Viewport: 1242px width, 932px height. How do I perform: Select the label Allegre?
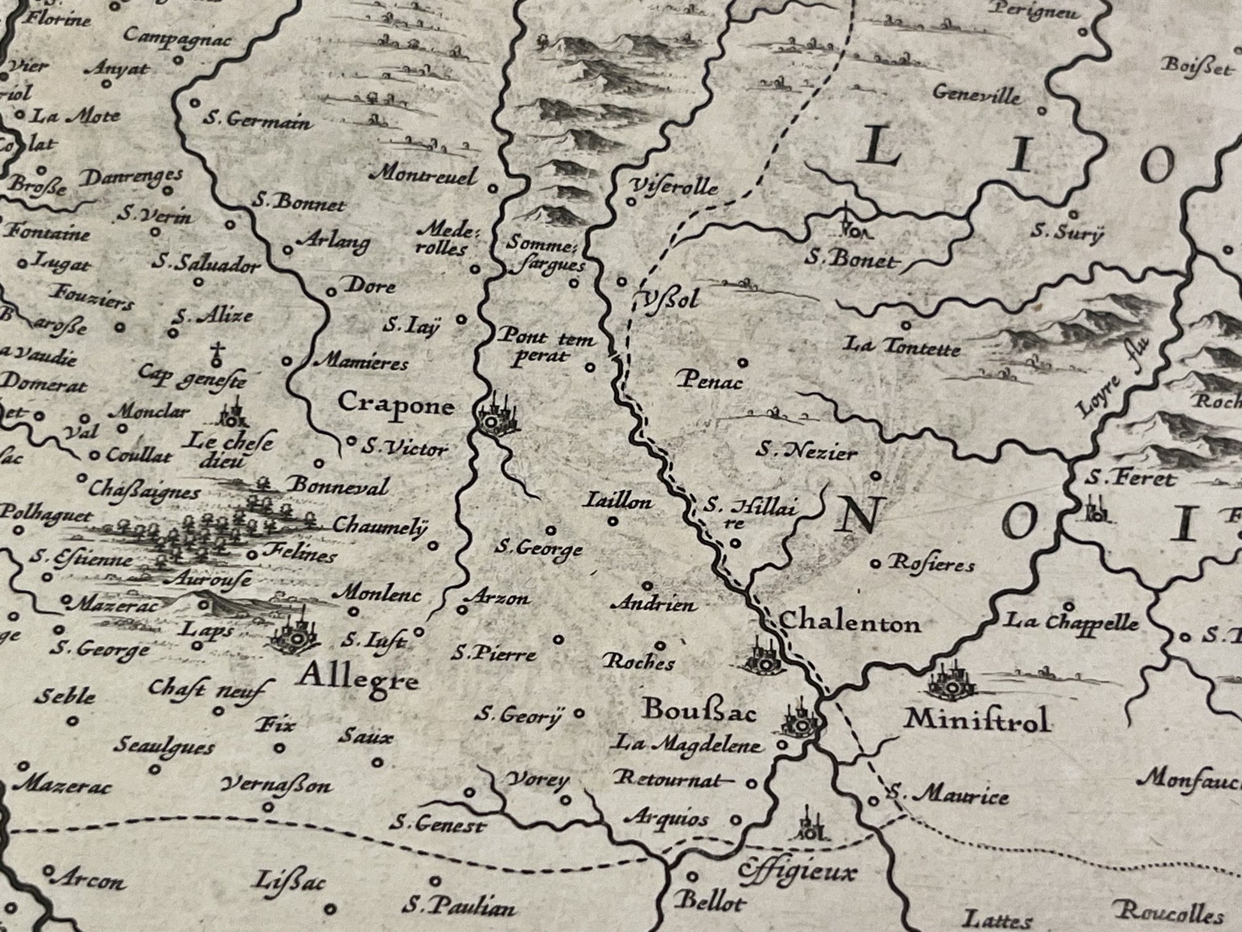(x=359, y=679)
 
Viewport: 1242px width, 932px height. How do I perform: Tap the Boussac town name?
(x=699, y=710)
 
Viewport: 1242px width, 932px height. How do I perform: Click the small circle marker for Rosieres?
(x=876, y=564)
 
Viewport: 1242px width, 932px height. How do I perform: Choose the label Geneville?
(x=976, y=94)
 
